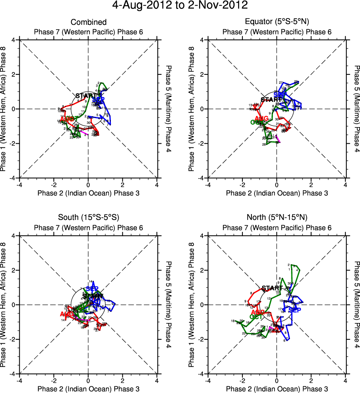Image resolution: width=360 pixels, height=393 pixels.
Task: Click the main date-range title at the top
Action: (180, 6)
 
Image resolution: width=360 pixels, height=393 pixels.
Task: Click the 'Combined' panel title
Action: (88, 22)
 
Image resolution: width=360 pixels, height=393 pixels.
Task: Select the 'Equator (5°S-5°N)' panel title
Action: (277, 22)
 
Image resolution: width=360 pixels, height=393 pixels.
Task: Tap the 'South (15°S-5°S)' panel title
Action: (88, 217)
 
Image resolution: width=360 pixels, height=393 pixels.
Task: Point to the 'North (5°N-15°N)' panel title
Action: (277, 217)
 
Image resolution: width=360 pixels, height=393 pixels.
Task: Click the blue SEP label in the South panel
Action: (92, 289)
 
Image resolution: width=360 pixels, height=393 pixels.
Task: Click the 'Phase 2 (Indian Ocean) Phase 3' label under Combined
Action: (88, 193)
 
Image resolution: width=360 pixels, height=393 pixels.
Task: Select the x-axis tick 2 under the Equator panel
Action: (311, 184)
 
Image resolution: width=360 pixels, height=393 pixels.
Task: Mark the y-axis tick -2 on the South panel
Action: (12, 339)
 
